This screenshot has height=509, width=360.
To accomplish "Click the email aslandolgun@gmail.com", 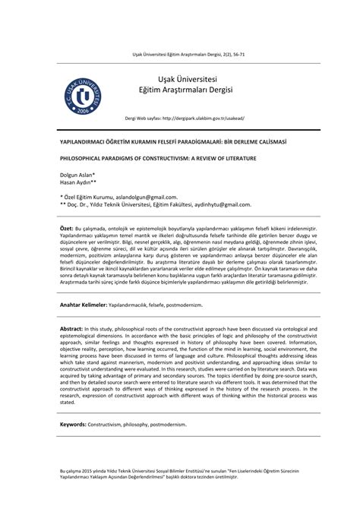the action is pos(146,197).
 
